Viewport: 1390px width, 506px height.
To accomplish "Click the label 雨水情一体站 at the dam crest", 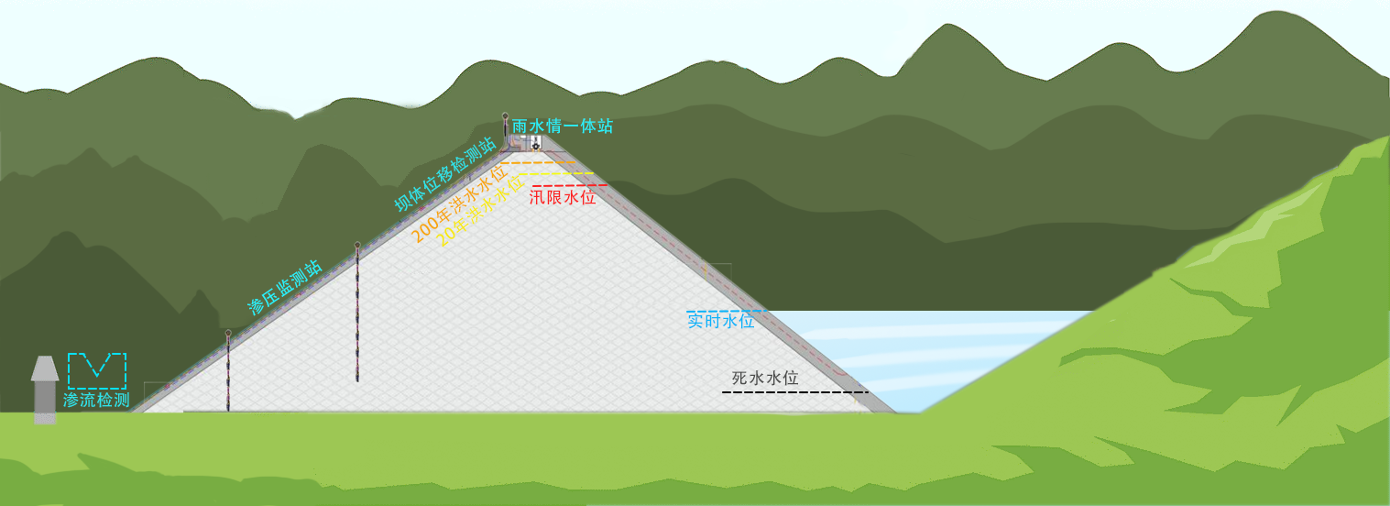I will click(563, 126).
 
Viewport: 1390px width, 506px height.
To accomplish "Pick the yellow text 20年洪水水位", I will click(472, 213).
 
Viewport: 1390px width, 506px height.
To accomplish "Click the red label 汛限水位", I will click(563, 197).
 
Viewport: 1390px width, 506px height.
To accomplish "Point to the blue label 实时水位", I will click(721, 321).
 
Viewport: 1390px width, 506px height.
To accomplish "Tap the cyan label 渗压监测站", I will click(285, 287).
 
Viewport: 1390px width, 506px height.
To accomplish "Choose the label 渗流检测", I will click(96, 400).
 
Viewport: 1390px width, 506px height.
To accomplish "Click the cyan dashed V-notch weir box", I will click(97, 370).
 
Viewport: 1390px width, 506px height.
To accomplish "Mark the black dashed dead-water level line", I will click(794, 392).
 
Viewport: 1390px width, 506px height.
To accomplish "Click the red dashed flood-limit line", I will click(569, 185).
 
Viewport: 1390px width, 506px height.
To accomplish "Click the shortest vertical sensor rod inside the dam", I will click(228, 371).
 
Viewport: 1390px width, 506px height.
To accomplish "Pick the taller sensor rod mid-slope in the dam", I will click(357, 312).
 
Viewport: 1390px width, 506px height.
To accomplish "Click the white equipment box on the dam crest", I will click(534, 142).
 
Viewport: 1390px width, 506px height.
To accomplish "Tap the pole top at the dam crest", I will click(505, 116).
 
